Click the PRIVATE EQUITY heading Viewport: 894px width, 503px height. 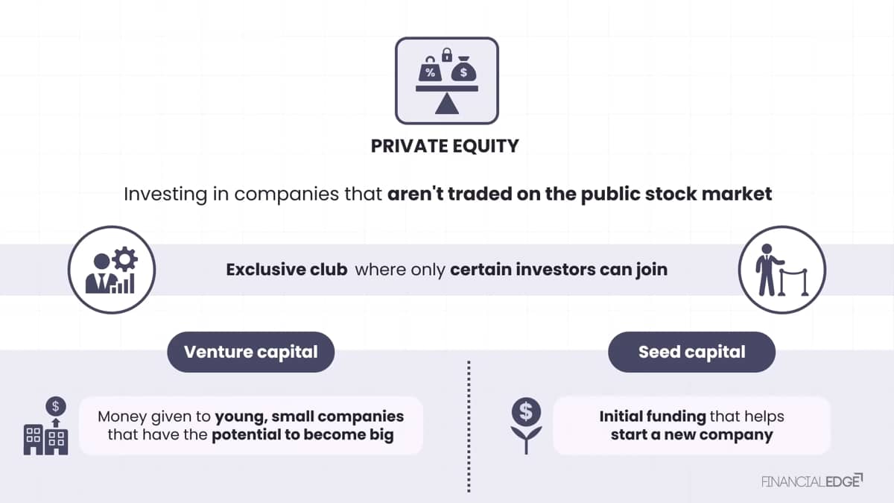click(445, 146)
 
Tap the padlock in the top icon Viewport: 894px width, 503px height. click(447, 55)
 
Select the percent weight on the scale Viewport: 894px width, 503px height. click(430, 69)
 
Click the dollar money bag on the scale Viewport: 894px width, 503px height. click(463, 69)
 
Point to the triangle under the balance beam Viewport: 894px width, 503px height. click(446, 104)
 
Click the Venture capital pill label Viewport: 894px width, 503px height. click(250, 352)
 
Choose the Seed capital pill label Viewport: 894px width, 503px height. click(691, 352)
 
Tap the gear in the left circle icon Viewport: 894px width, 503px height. click(125, 259)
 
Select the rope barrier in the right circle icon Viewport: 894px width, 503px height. click(793, 282)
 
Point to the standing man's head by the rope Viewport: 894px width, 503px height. click(767, 249)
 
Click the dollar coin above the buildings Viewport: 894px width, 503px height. click(56, 406)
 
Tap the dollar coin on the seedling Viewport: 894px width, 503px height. click(526, 412)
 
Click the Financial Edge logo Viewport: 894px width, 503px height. click(812, 481)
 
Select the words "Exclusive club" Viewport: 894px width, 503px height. click(287, 270)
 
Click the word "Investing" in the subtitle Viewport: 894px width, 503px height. click(165, 194)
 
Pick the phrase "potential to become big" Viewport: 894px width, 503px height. click(302, 434)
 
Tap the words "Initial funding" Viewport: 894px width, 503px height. click(653, 417)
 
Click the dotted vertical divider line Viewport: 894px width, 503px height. click(469, 426)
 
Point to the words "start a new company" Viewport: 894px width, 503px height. click(691, 434)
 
